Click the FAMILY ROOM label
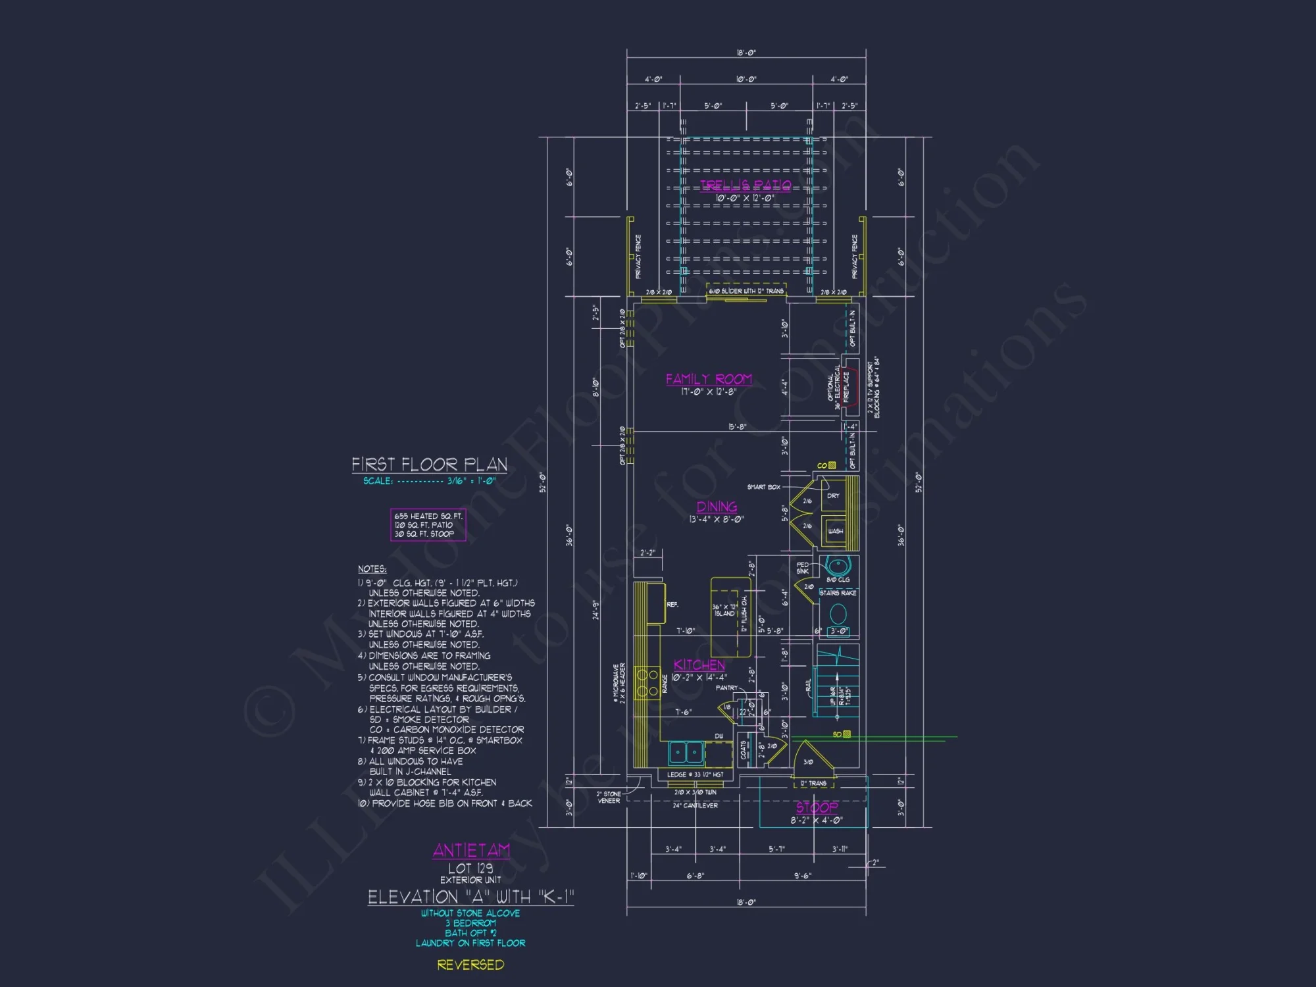(709, 379)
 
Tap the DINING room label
(717, 507)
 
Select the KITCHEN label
(699, 665)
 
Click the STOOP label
(817, 807)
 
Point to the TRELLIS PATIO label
(746, 185)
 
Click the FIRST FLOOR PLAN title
(429, 465)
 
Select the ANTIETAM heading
(471, 850)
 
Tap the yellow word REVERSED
(470, 965)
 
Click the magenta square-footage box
(428, 525)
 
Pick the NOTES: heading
(372, 569)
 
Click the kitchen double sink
(686, 751)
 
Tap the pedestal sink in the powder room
(838, 566)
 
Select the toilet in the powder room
(838, 614)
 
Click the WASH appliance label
(835, 531)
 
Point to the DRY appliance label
(833, 495)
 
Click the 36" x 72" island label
(724, 610)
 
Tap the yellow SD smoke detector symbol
(847, 734)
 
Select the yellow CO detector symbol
(832, 465)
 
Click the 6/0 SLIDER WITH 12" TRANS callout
(746, 291)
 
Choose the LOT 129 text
(470, 868)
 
